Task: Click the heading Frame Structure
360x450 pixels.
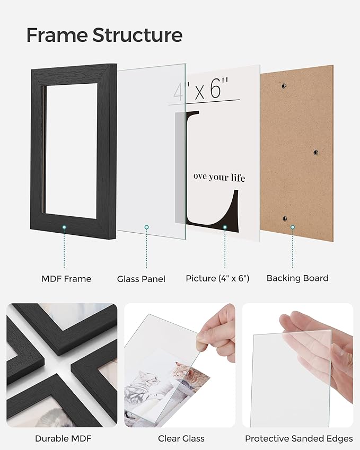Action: [104, 35]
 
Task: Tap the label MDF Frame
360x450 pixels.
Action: [66, 278]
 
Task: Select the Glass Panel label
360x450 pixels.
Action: [141, 279]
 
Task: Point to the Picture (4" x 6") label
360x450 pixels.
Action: [217, 278]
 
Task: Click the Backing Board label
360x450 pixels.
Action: [297, 278]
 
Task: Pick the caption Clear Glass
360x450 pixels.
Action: [181, 438]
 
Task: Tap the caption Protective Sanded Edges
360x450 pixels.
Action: [298, 438]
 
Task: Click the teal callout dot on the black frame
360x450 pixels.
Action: [64, 227]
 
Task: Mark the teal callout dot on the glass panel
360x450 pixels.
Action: [147, 227]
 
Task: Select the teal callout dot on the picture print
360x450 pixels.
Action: [225, 227]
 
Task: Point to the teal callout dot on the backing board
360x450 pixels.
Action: [292, 227]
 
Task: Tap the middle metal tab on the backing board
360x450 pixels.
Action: [315, 152]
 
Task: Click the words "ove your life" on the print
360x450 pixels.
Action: [219, 178]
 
